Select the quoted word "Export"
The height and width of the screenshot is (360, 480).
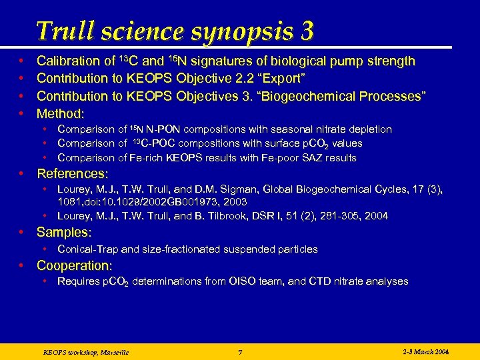pos(282,79)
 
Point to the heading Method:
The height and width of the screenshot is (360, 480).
pos(61,113)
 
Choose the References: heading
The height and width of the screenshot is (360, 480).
pos(72,174)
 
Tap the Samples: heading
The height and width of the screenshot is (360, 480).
pos(64,233)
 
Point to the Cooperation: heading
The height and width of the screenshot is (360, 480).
pos(74,265)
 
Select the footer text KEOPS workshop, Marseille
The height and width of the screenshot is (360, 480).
pos(85,351)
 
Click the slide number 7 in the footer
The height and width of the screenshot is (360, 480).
pos(240,351)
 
